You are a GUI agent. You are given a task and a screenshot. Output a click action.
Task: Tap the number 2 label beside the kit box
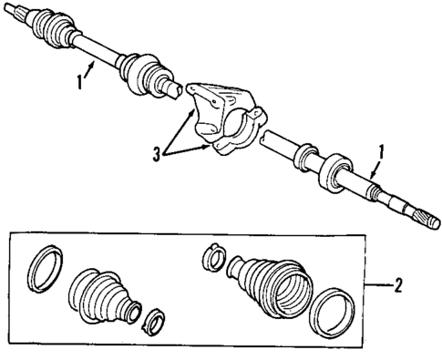(x=397, y=284)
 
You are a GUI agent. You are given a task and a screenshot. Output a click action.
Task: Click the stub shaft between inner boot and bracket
(x=173, y=87)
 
